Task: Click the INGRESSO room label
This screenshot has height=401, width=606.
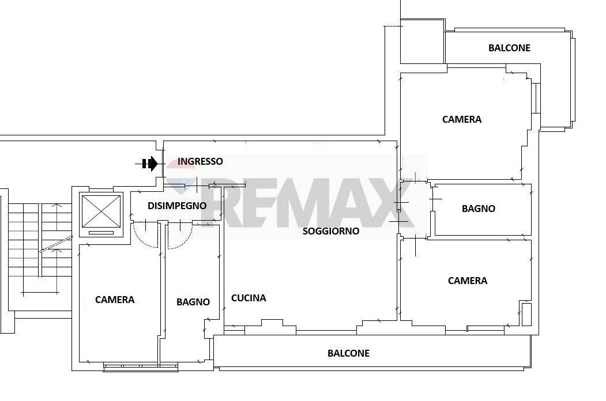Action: pyautogui.click(x=200, y=161)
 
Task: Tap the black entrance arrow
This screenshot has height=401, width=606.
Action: pyautogui.click(x=151, y=164)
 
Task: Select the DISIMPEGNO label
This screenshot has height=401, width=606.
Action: pyautogui.click(x=177, y=206)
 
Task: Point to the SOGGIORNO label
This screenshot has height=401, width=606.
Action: pyautogui.click(x=331, y=231)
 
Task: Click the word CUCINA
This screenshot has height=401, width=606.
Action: pyautogui.click(x=249, y=298)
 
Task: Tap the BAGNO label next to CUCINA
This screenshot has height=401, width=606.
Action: pyautogui.click(x=193, y=302)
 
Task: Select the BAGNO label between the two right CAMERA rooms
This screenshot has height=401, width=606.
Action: pyautogui.click(x=478, y=209)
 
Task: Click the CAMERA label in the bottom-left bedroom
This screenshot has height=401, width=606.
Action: pyautogui.click(x=115, y=300)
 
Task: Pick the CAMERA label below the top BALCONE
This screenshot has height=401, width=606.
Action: pyautogui.click(x=462, y=119)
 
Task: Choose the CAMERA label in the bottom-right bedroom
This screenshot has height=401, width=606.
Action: pyautogui.click(x=468, y=281)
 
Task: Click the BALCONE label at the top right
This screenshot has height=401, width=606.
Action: pyautogui.click(x=509, y=48)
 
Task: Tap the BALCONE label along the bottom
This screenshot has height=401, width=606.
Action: pyautogui.click(x=348, y=353)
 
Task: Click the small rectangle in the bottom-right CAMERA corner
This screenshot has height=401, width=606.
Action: pyautogui.click(x=526, y=314)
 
